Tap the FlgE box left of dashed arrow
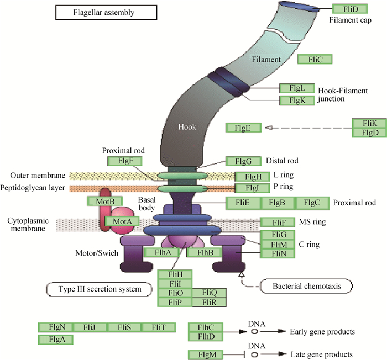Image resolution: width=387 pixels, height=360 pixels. [x=243, y=128]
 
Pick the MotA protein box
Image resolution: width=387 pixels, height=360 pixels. [x=122, y=221]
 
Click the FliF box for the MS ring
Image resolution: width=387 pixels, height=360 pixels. [x=279, y=223]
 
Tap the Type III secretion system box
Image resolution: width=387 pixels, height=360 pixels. [x=100, y=289]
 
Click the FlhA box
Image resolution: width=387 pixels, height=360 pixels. [x=162, y=252]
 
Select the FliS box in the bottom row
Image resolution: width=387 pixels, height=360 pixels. [x=124, y=327]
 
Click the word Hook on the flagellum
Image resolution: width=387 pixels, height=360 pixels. [x=187, y=126]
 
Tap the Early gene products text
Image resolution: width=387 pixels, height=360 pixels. [x=322, y=332]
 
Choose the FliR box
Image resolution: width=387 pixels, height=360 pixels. [x=209, y=302]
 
